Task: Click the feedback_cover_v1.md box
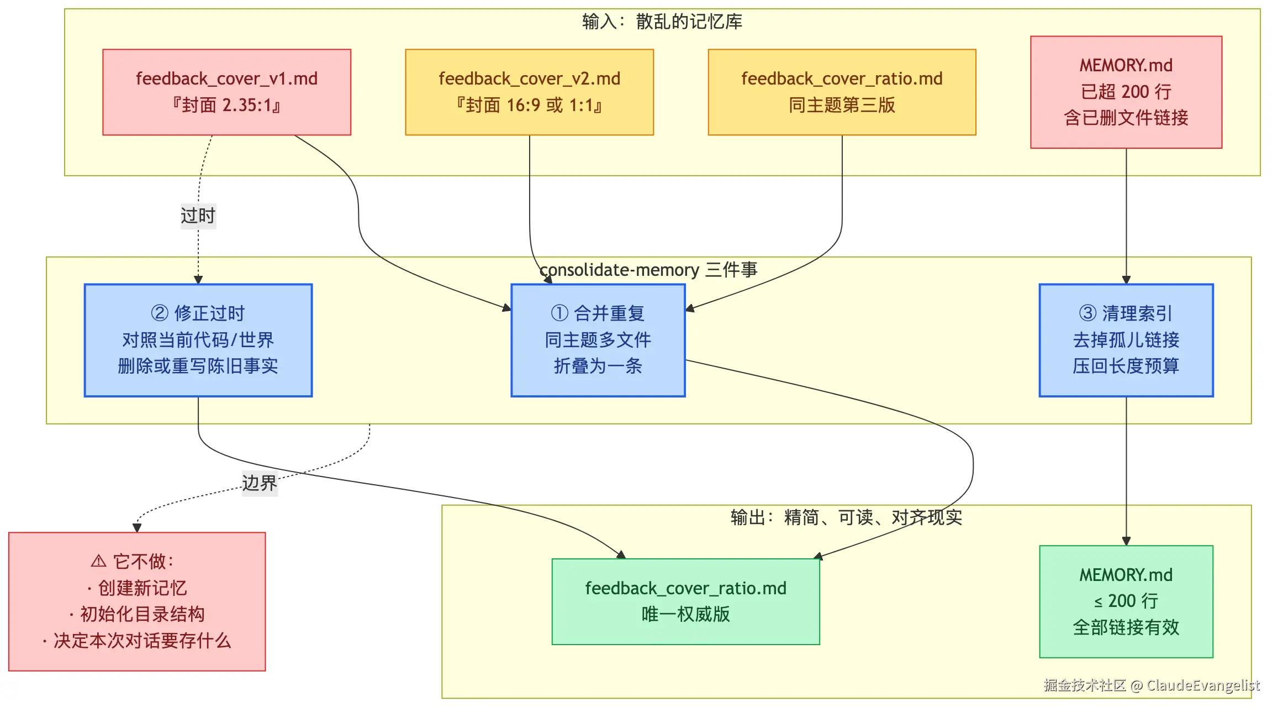[x=226, y=92]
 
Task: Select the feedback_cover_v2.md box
[x=529, y=92]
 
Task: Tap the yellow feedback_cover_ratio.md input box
[x=842, y=92]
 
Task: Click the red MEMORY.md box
[x=1126, y=92]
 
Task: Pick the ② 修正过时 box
[x=198, y=340]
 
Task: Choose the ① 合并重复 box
[x=598, y=340]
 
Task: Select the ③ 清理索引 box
[x=1126, y=340]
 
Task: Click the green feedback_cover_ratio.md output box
[x=685, y=601]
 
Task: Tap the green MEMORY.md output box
[x=1126, y=601]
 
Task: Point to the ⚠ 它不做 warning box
[x=137, y=601]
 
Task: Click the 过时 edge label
[x=198, y=216]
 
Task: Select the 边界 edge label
[x=260, y=483]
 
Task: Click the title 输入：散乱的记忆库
[x=662, y=22]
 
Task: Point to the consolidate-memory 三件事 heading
[x=648, y=270]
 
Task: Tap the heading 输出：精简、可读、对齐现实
[x=846, y=517]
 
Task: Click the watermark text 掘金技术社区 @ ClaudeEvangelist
[x=1152, y=685]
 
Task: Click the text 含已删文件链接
[x=1126, y=118]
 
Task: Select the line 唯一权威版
[x=685, y=614]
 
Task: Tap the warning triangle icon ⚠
[x=98, y=562]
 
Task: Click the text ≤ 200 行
[x=1126, y=601]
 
